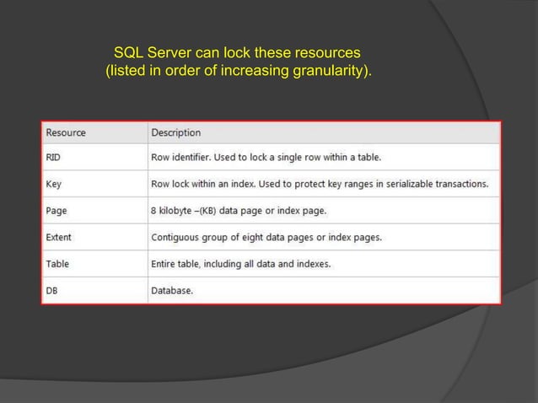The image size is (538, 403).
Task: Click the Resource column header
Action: [65, 132]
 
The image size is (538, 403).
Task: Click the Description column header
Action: [175, 132]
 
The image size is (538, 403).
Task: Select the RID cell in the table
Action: [54, 157]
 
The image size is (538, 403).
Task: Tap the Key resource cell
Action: [53, 184]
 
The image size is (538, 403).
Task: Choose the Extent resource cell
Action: [58, 237]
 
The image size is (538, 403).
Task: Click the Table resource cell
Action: [56, 264]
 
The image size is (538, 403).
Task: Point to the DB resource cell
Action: [52, 290]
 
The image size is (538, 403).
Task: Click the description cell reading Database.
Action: [171, 290]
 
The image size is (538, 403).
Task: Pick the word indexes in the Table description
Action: [309, 264]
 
